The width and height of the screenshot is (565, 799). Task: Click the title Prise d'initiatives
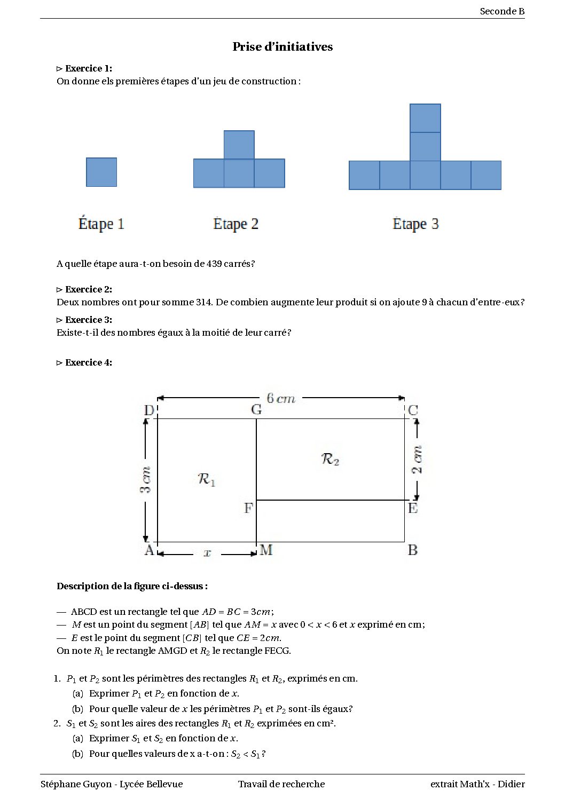pos(282,47)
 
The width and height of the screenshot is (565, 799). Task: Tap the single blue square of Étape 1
pos(101,172)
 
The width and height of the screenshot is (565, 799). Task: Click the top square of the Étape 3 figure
pos(425,118)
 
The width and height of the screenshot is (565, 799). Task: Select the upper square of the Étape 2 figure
pos(239,145)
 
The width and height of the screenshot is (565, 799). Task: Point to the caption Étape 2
pos(236,224)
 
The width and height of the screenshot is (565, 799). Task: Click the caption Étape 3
pos(415,224)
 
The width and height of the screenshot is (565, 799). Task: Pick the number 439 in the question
pos(214,264)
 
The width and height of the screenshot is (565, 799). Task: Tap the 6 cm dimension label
pos(281,398)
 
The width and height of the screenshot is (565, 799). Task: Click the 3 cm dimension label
pos(145,480)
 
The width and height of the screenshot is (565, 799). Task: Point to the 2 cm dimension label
pos(417,460)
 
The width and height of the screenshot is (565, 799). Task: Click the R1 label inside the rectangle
pos(206,479)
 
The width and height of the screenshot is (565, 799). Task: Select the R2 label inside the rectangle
pos(330,459)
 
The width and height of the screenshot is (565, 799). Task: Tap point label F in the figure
pos(248,508)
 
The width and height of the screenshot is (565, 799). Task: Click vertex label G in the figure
pos(256,410)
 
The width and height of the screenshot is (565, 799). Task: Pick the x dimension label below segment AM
pos(207,553)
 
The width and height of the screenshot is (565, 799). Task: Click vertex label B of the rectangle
pos(412,550)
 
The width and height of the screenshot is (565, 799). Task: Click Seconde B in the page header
pos(502,11)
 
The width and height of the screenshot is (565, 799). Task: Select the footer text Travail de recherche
pos(281,784)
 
